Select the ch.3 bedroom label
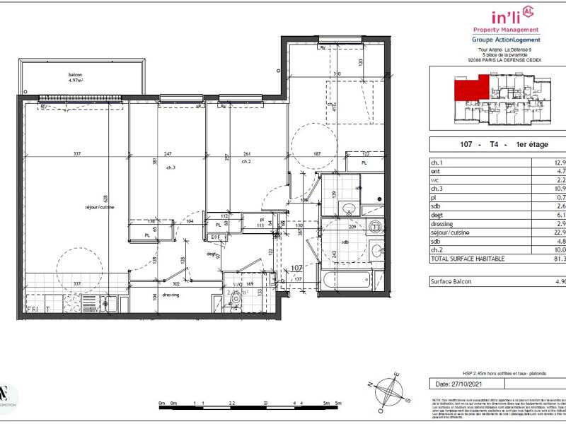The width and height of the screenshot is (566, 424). click(x=171, y=167)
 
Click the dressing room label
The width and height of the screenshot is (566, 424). click(x=170, y=295)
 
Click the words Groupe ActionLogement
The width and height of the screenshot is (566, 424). click(x=506, y=40)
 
